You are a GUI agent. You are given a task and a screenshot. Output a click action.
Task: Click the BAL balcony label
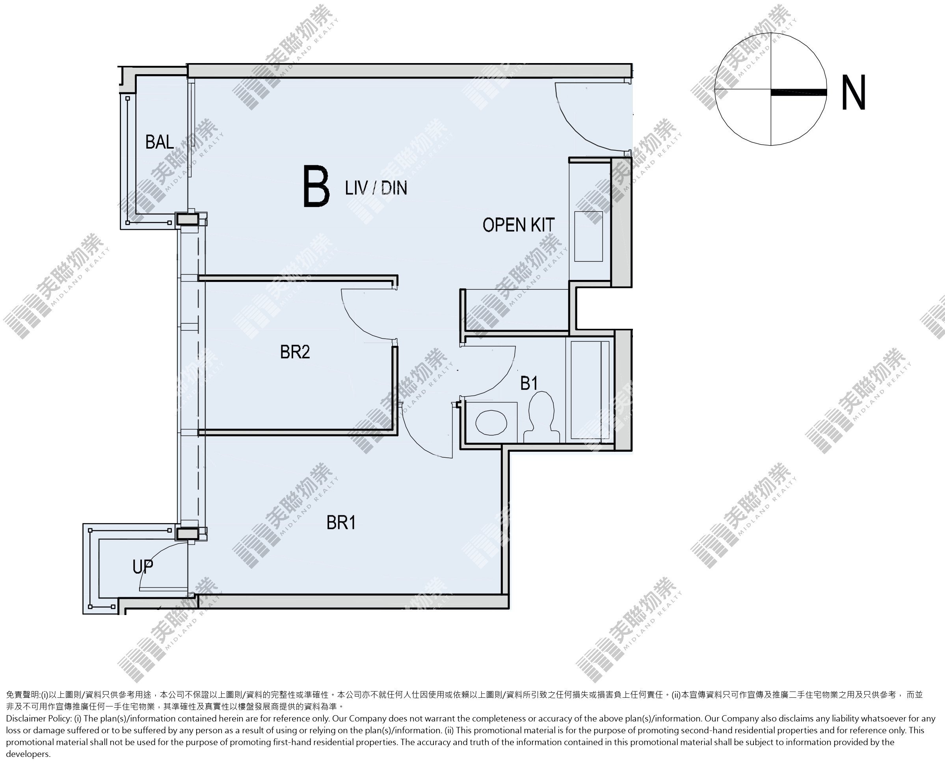[x=159, y=142]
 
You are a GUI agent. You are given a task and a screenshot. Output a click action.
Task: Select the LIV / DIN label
[x=376, y=188]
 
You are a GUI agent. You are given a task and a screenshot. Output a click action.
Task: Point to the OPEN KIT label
[x=518, y=225]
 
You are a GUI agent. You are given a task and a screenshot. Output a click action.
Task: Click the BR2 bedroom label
[x=295, y=352]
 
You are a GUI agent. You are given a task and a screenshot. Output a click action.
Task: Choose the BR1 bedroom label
[x=341, y=523]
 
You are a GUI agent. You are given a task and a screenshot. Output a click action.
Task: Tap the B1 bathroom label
[x=529, y=384]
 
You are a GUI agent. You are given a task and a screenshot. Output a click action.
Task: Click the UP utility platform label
[x=143, y=567]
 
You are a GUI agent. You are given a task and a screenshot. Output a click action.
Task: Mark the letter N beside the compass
[x=854, y=92]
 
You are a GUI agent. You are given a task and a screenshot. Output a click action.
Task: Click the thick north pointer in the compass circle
[x=798, y=92]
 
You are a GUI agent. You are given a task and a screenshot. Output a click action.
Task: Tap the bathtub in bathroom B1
[x=590, y=391]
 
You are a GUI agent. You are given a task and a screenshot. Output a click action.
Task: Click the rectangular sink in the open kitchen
[x=588, y=236]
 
